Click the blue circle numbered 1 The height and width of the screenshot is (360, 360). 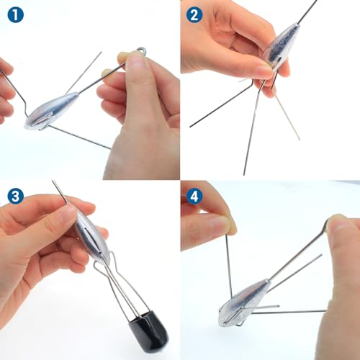tap(16, 15)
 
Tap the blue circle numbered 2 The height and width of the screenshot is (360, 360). tap(194, 15)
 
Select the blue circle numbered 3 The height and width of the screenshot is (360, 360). tap(16, 196)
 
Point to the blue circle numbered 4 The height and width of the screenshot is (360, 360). tap(194, 196)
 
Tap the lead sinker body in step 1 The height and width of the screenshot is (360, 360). tap(51, 110)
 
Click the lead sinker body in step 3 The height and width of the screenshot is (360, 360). tap(92, 237)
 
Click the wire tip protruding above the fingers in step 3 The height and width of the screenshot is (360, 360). tap(53, 181)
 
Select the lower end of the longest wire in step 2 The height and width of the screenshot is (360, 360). tap(244, 175)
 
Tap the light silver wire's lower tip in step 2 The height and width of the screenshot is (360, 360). tap(300, 139)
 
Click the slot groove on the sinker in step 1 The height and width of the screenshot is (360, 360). tap(41, 120)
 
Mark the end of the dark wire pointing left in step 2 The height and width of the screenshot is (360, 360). tap(190, 126)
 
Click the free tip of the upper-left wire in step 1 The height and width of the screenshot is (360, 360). tap(102, 52)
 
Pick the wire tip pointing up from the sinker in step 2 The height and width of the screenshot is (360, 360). tap(316, 1)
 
